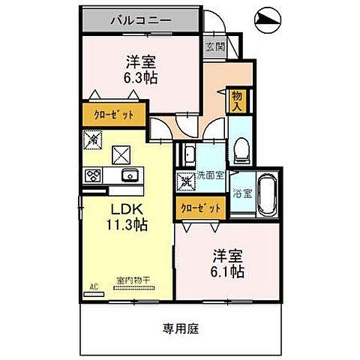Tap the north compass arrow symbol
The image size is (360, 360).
267,20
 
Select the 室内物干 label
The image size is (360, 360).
133,280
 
